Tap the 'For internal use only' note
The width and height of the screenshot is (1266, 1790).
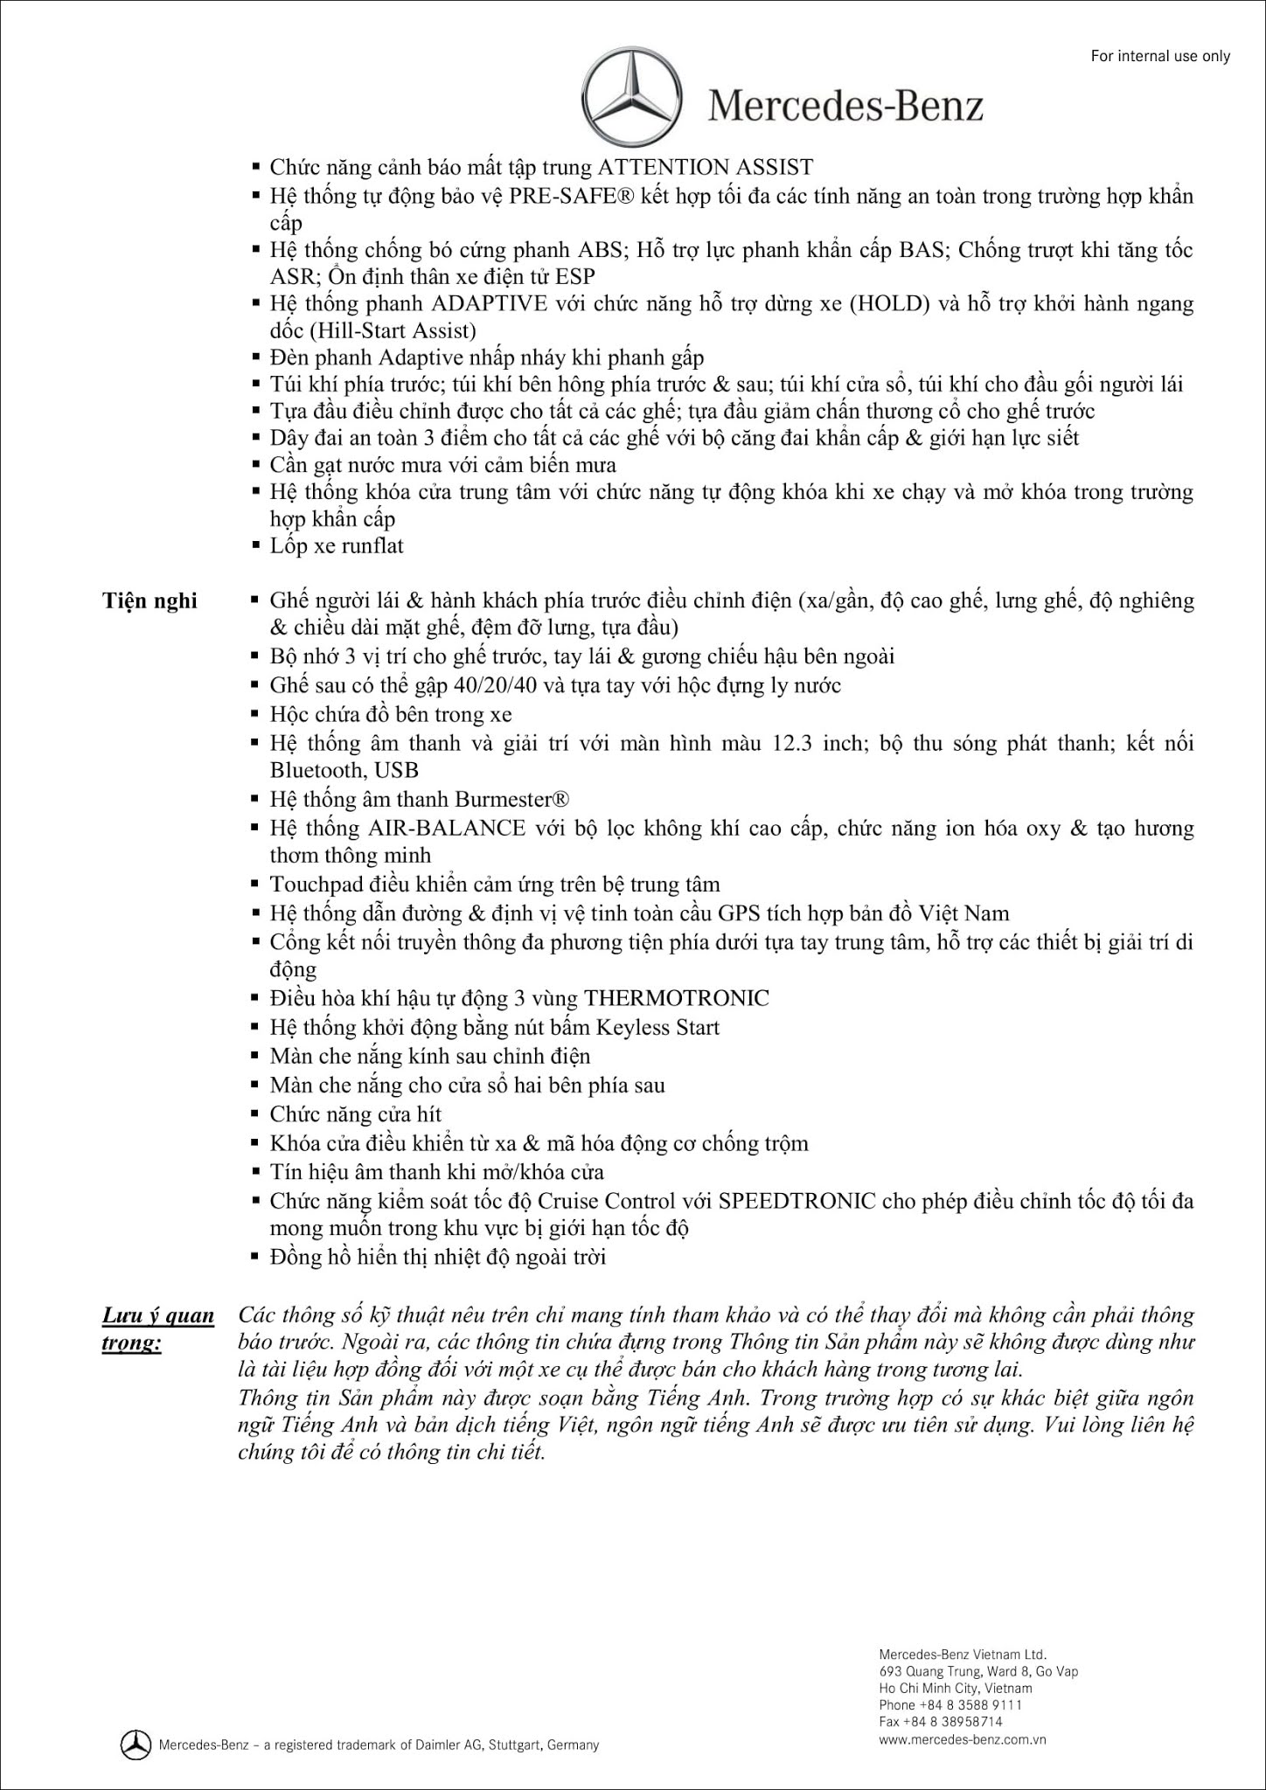tap(1160, 57)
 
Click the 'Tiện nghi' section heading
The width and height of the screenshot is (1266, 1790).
tap(150, 601)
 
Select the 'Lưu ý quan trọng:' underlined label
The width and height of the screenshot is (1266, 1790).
tap(157, 1329)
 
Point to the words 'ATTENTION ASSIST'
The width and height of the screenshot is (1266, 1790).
tap(705, 167)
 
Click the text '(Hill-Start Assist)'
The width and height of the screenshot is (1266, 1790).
tap(373, 330)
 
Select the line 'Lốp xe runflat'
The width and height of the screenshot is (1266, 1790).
tap(337, 546)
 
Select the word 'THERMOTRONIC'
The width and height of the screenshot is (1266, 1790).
tap(677, 998)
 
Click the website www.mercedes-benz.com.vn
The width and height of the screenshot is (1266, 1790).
tap(963, 1738)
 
